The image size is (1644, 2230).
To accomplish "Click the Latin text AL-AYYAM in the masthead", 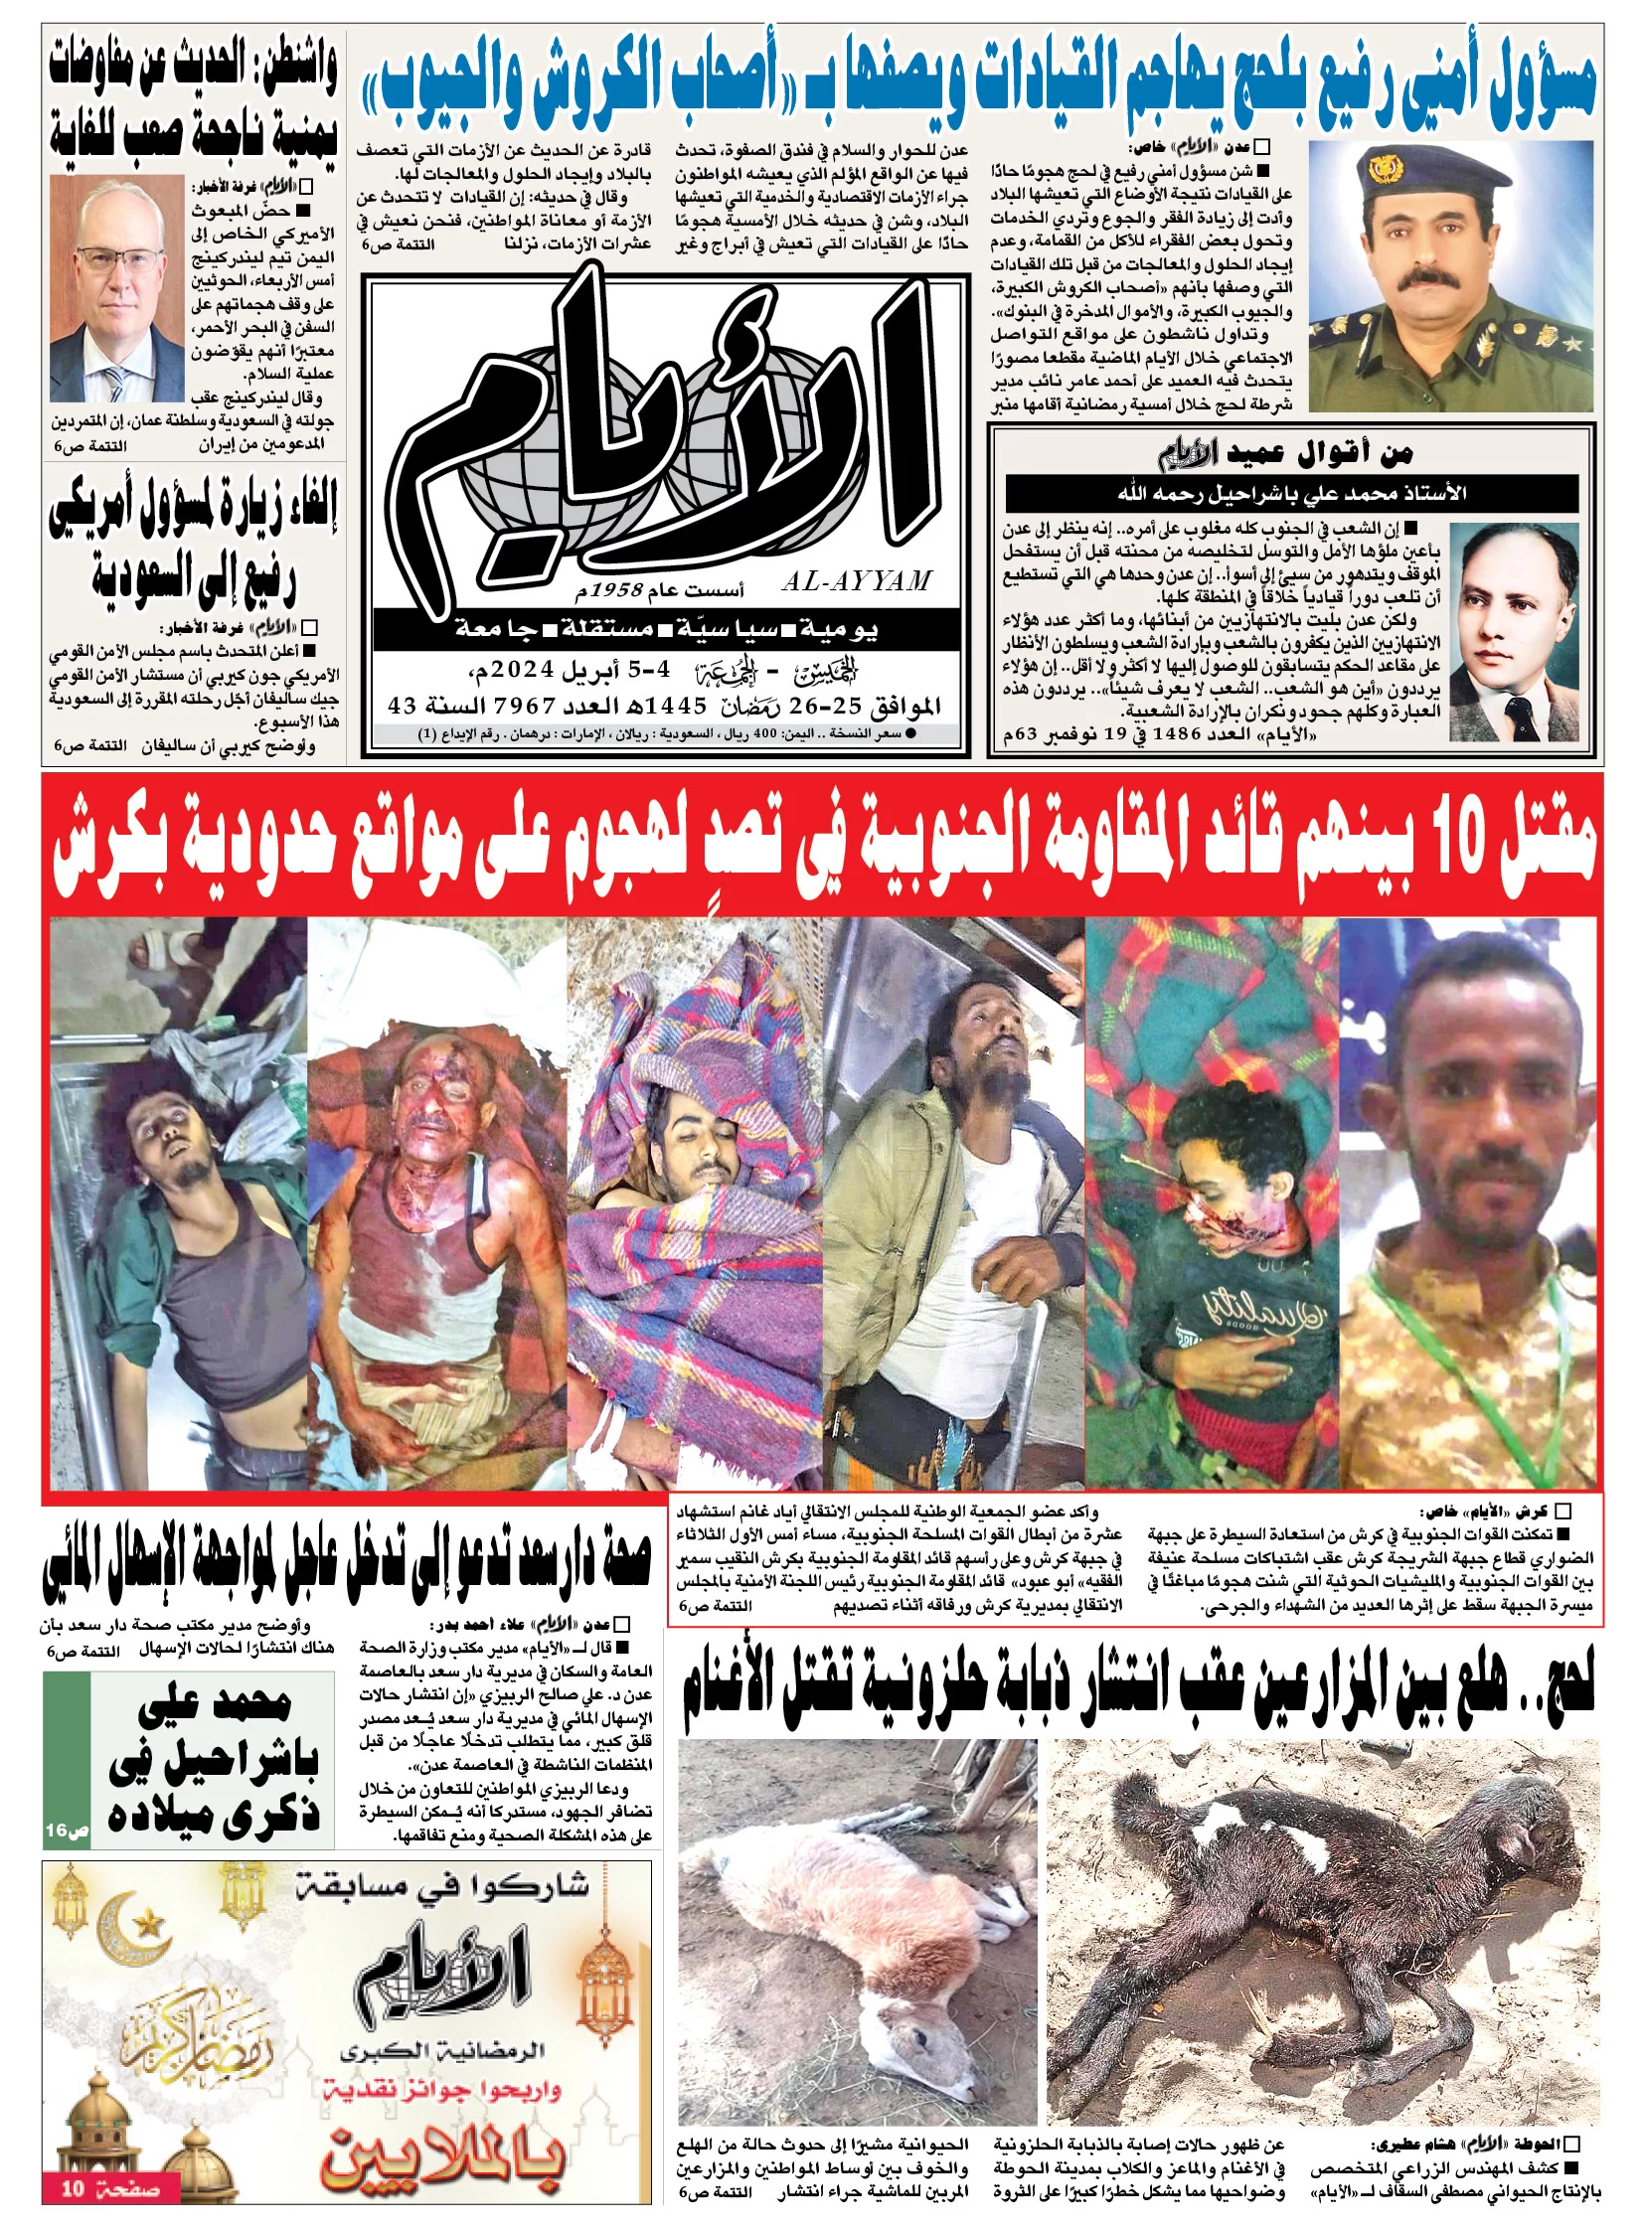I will click(856, 582).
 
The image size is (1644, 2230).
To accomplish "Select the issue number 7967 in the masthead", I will click(522, 706).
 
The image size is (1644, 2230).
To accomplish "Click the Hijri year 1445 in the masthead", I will click(676, 706).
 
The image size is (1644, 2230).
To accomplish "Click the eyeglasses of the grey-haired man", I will click(118, 260).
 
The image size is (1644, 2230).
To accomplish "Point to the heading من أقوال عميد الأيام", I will click(1285, 454).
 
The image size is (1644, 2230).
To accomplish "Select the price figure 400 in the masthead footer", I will click(758, 734).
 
